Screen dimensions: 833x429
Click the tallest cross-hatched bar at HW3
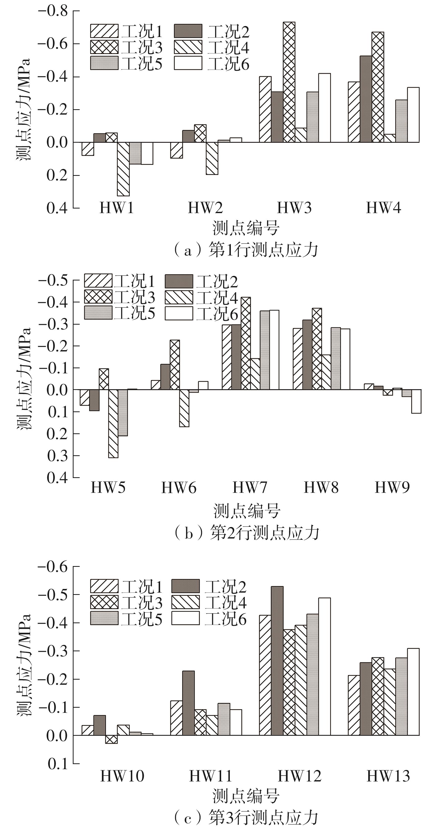coord(289,82)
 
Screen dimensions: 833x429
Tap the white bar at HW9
coord(416,401)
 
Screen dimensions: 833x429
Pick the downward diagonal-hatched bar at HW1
coord(123,169)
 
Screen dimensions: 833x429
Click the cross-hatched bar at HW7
coord(246,344)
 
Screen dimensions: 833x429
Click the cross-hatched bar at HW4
coord(378,87)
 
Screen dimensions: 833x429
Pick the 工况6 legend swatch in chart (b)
coord(179,313)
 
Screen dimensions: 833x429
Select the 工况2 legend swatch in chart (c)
coord(185,586)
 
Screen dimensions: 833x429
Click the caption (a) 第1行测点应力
coord(246,250)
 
